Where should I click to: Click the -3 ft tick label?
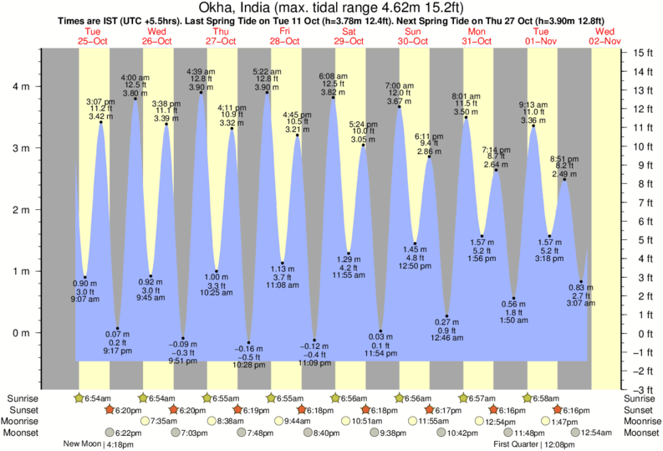pos(642,390)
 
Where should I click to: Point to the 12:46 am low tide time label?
pos(447,337)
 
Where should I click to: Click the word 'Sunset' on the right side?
pos(641,409)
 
